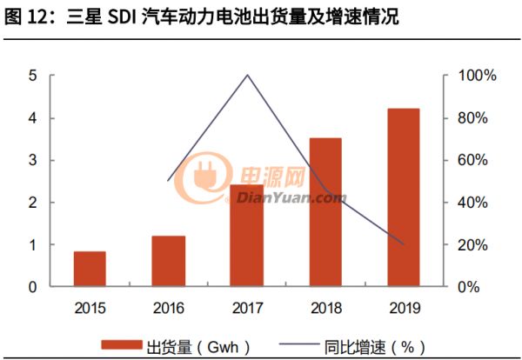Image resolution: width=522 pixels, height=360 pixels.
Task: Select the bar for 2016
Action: click(x=169, y=261)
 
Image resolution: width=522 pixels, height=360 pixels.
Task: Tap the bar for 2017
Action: click(x=247, y=236)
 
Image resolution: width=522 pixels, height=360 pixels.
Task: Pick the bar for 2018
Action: click(x=325, y=212)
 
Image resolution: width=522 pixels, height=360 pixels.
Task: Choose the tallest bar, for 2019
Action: click(x=404, y=197)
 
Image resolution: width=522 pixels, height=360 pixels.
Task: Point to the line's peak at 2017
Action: click(x=247, y=75)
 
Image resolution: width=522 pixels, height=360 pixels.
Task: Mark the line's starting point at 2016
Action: click(x=169, y=180)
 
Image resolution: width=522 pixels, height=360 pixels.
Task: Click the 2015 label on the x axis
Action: click(x=90, y=307)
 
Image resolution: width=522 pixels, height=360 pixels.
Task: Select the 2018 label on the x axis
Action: click(x=325, y=307)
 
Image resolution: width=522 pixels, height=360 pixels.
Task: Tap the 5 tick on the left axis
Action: click(x=32, y=76)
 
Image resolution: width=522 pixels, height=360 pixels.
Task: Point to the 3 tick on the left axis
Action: click(x=32, y=160)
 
